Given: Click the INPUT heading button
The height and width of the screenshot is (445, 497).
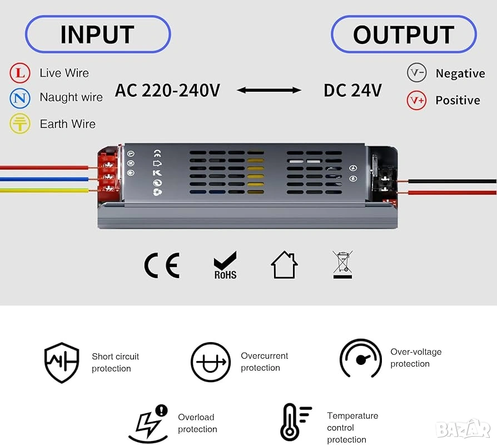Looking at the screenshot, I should tap(97, 34).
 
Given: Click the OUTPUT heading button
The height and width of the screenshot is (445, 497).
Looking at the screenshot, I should tap(404, 34).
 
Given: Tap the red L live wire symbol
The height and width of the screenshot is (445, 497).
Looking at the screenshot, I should tap(20, 73).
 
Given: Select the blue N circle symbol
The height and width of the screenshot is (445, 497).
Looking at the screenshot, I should tap(20, 98).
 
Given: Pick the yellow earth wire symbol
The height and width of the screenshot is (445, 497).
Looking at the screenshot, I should tap(20, 123).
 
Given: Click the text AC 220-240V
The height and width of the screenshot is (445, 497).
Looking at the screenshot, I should tap(167, 90).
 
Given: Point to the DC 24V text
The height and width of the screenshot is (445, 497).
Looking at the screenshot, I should tap(352, 90).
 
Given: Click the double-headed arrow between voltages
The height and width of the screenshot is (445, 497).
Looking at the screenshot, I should tap(269, 90).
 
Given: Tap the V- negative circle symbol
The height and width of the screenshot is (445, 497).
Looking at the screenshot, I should tap(416, 73).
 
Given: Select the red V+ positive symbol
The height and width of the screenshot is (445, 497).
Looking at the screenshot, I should tap(416, 100).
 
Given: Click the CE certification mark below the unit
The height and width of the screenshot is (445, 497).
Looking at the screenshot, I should tap(162, 265).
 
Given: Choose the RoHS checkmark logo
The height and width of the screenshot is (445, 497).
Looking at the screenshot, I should tap(225, 265).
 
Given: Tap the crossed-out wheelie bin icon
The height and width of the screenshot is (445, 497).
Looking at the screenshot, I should tap(343, 265).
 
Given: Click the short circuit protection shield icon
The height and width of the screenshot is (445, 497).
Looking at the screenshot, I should tap(61, 362).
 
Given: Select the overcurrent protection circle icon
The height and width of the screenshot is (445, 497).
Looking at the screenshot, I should tap(210, 362).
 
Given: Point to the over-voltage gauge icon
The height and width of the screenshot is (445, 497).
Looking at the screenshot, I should tap(360, 358).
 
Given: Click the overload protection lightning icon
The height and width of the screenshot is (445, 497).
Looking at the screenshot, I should tap(148, 423).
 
